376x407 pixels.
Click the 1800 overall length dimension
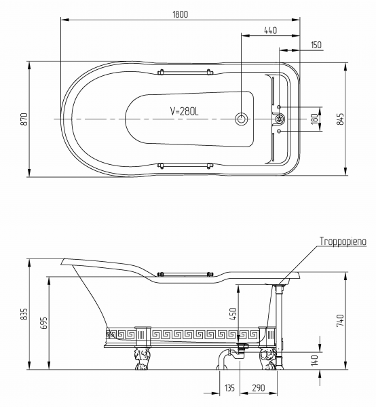click(x=181, y=14)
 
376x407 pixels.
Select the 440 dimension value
click(x=271, y=31)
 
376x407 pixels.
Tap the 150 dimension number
click(x=316, y=45)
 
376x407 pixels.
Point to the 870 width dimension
click(x=24, y=119)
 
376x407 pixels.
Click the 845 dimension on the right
click(x=340, y=119)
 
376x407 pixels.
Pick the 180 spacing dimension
click(x=314, y=119)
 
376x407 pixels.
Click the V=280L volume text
click(x=185, y=111)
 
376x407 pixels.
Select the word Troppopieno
click(x=343, y=241)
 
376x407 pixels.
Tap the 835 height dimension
click(x=24, y=314)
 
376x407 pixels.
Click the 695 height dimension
click(x=45, y=323)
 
